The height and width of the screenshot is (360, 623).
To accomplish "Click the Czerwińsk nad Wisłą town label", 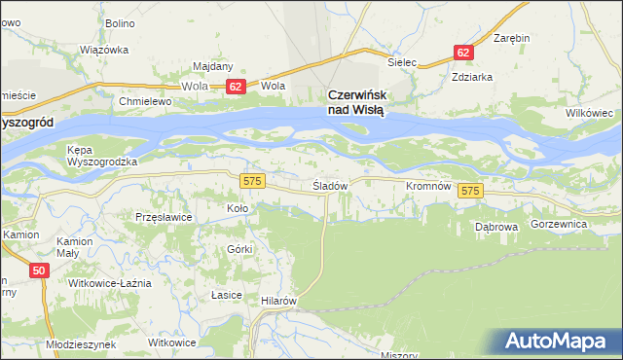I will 355,102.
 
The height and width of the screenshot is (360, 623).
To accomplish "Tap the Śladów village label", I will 330,185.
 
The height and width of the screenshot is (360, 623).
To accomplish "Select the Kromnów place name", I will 426,185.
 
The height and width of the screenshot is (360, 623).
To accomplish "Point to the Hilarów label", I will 277,302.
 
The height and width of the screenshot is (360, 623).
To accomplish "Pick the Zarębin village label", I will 511,38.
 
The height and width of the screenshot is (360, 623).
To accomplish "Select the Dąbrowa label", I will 495,226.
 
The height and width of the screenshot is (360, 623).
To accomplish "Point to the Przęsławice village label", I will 164,218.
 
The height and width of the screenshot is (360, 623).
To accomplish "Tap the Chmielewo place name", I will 144,101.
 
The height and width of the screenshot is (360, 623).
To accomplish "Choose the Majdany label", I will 212,66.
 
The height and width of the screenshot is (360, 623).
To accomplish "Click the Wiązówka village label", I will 104,49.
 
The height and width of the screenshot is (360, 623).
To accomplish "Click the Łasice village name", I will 226,294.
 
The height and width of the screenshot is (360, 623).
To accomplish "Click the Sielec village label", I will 402,62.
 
